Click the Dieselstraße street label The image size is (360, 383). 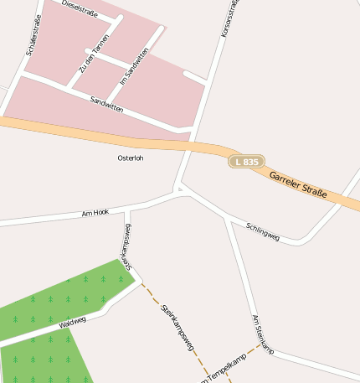coord(80,9)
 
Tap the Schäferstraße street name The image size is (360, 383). coord(34,36)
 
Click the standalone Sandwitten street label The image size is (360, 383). coord(106,104)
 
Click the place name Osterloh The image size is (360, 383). coord(130,158)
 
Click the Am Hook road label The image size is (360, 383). coord(95,213)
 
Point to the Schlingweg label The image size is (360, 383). coord(263,232)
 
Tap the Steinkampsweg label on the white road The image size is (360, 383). coord(127,246)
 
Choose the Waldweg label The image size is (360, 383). coord(73,322)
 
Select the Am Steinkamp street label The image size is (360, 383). coord(263,334)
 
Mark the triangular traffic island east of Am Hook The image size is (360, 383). coord(178,190)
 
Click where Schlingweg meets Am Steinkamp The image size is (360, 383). coord(227,219)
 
